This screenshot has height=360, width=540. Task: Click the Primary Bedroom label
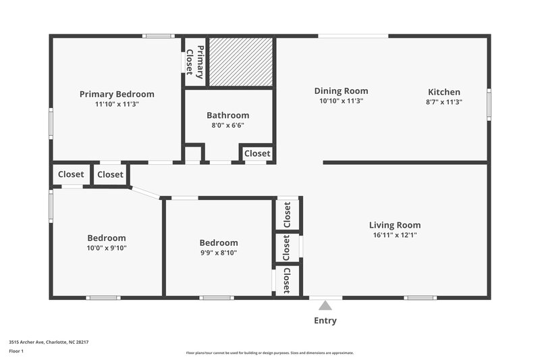117,94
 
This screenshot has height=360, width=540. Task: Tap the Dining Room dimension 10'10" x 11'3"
341,101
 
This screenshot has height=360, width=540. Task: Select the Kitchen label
444,92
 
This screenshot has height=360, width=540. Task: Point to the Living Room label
395,225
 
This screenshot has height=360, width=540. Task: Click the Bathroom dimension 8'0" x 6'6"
227,125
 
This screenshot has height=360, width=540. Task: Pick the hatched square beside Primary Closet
241,61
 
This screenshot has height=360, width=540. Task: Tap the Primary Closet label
195,61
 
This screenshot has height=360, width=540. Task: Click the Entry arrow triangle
326,305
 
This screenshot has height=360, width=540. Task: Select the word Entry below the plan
325,321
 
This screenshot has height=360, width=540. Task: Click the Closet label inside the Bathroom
257,154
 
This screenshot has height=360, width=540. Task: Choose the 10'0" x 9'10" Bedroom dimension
107,248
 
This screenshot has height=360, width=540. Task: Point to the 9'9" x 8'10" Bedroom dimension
219,253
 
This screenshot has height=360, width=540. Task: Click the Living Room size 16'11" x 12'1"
395,235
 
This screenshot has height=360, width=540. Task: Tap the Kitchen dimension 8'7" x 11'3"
444,101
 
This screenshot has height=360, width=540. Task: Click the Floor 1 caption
16,351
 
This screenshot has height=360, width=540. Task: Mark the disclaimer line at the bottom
270,353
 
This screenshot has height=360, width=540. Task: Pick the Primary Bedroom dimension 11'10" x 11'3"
117,104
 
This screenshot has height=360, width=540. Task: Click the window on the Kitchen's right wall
489,105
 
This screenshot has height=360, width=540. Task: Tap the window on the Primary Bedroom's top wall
159,36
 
